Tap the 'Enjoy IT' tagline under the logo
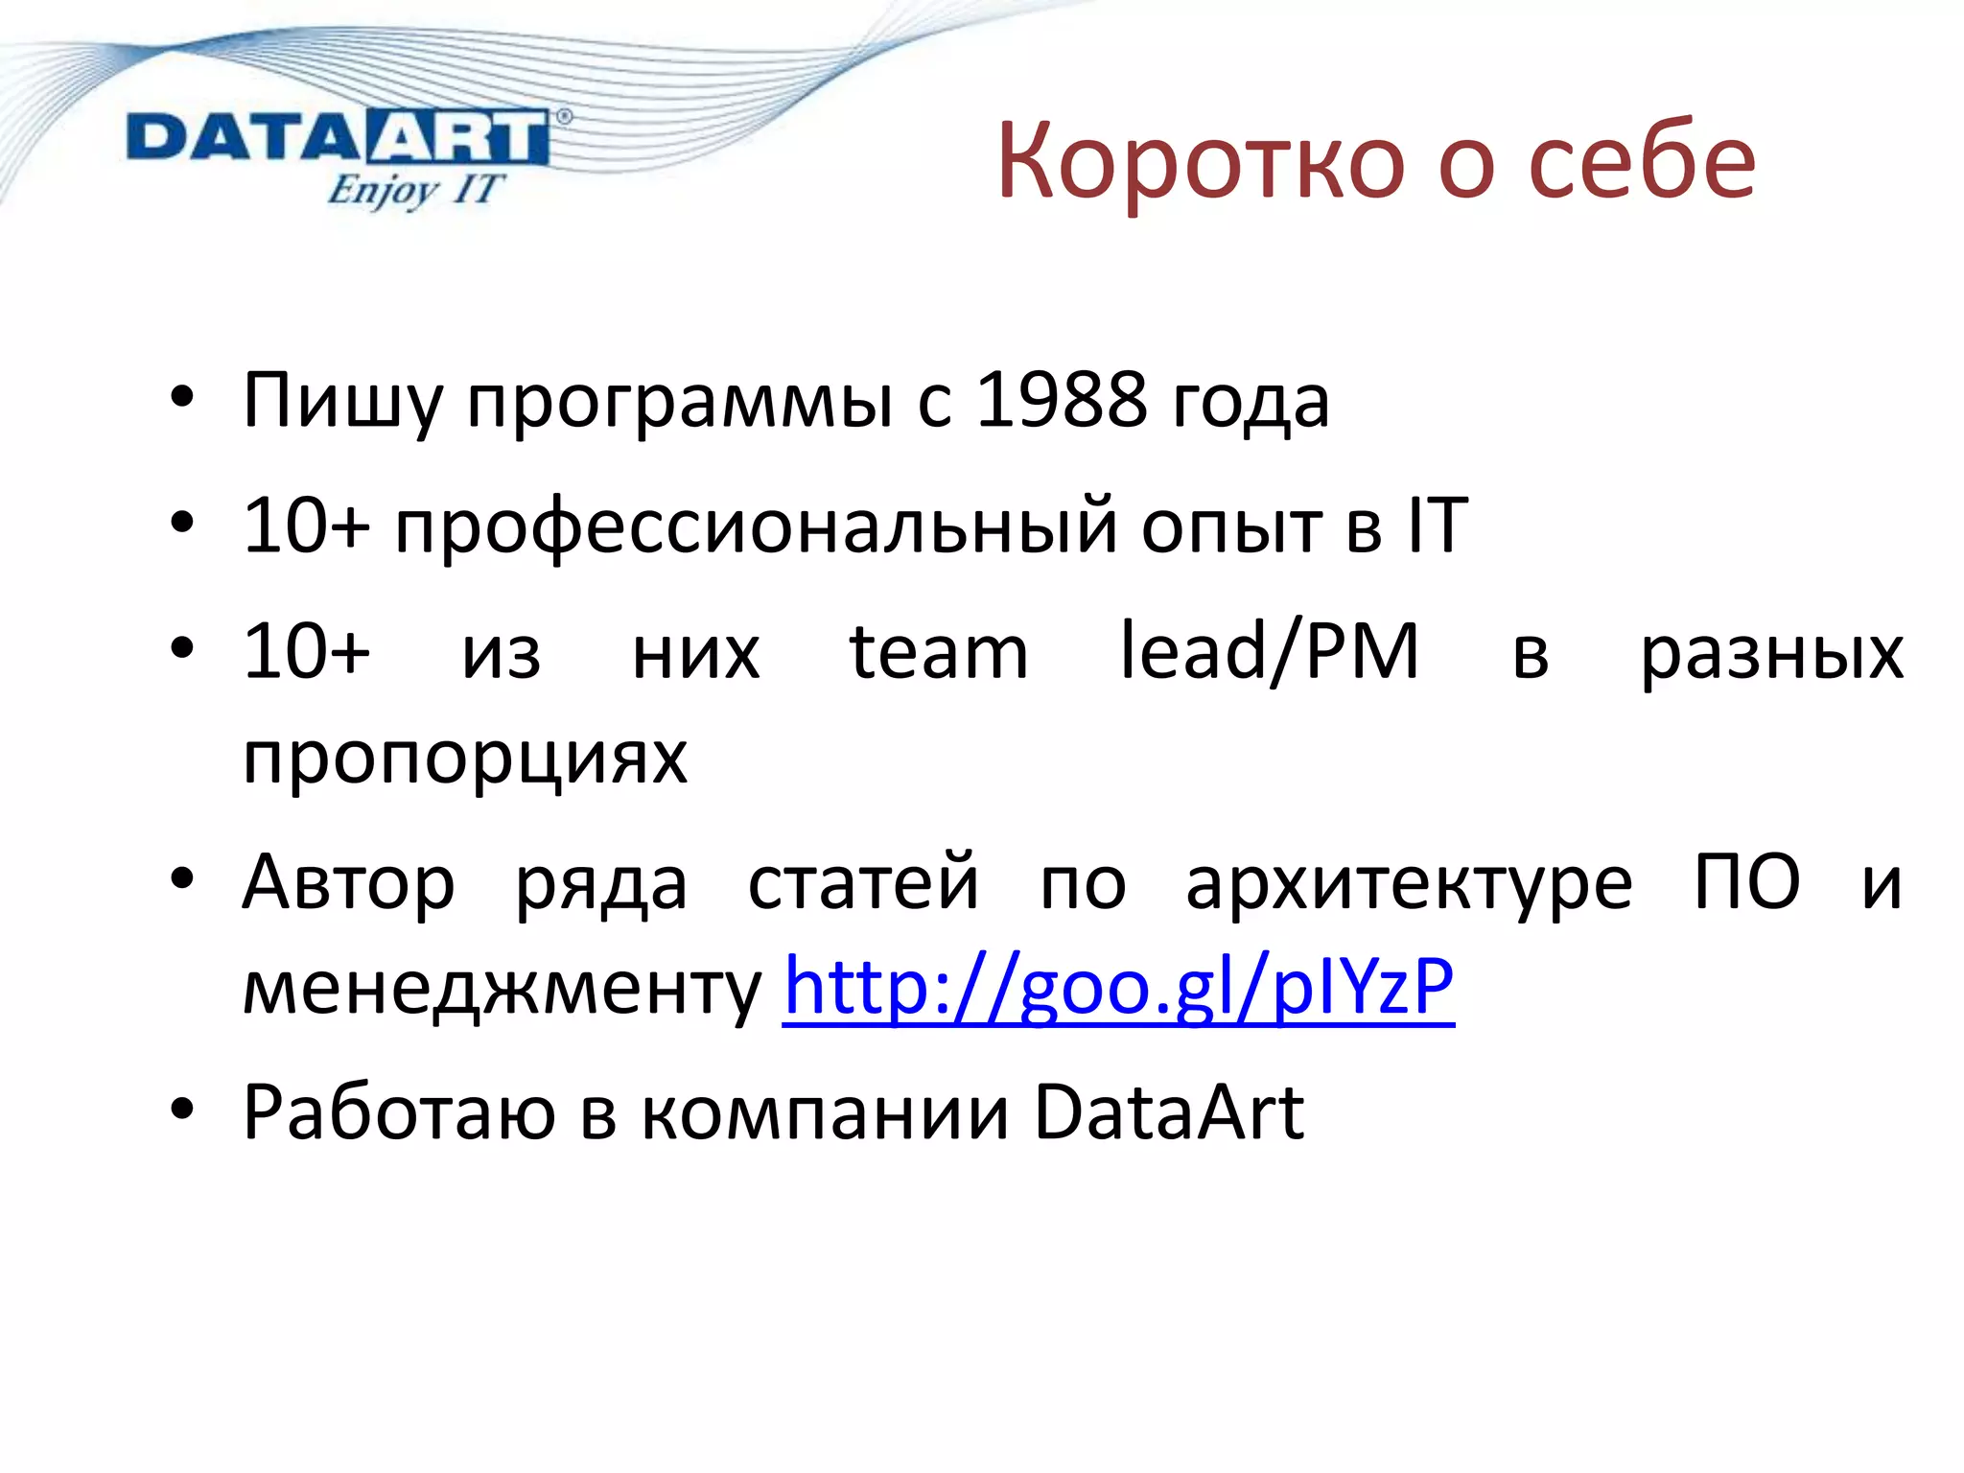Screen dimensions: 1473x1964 point(413,189)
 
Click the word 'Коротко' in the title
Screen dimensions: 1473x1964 point(1203,161)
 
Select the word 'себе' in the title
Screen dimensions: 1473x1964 point(1642,161)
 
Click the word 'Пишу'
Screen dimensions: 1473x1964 point(342,400)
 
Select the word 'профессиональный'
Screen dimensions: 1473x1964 point(757,526)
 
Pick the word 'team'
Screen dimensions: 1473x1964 point(939,652)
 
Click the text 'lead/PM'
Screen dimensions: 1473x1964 point(1269,652)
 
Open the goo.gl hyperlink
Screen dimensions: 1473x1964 point(1118,986)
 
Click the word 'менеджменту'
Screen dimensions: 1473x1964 point(502,989)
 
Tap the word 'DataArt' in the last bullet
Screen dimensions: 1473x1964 point(1169,1112)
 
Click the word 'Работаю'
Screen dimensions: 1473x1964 point(399,1112)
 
